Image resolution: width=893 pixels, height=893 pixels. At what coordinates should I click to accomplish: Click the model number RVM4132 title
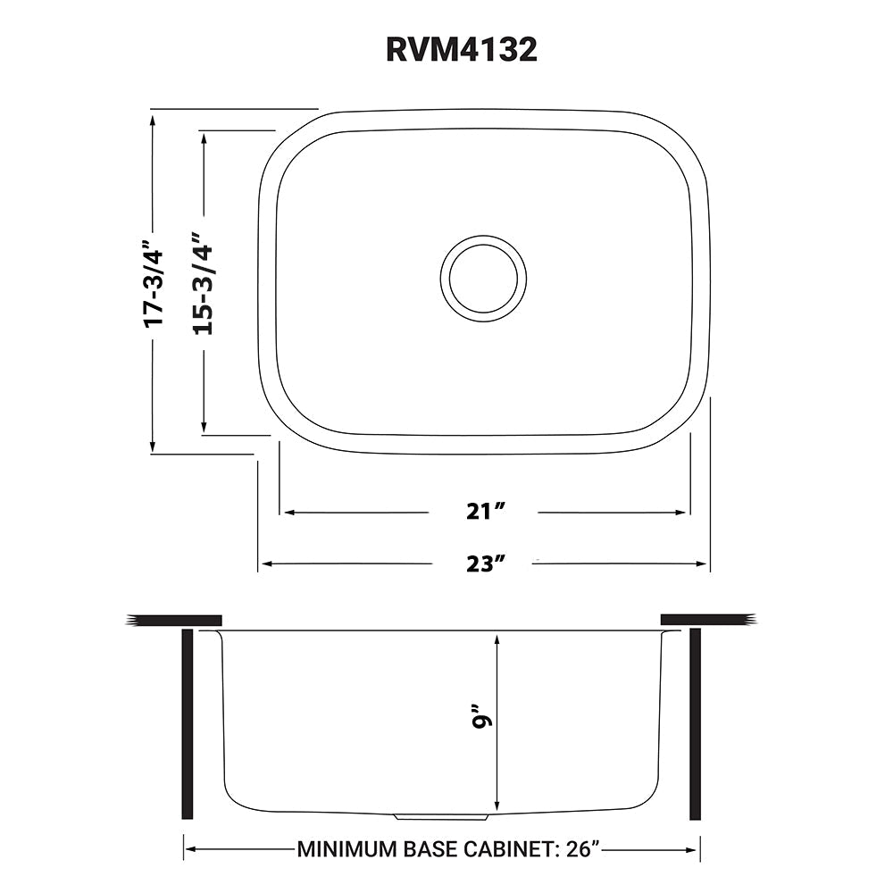[x=461, y=50]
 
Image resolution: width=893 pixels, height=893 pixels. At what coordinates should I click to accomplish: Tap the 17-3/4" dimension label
[x=154, y=280]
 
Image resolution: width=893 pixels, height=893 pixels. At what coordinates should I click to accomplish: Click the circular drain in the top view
[x=483, y=279]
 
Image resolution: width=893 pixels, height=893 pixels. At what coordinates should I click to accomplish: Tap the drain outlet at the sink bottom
[x=441, y=816]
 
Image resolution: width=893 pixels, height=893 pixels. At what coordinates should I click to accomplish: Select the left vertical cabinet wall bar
[x=187, y=723]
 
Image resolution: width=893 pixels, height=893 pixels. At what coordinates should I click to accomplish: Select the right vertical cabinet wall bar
[x=695, y=723]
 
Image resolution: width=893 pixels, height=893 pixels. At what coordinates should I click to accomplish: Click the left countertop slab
[x=174, y=620]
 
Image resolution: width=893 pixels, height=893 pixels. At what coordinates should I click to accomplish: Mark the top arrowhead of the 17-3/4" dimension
[x=154, y=117]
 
